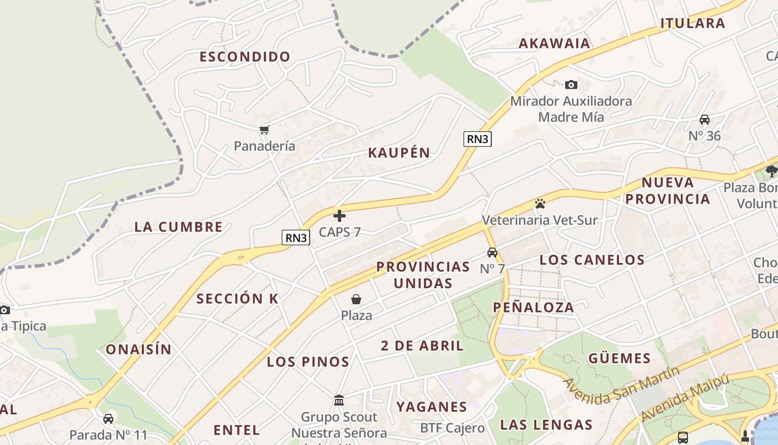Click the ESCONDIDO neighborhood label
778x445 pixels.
click(245, 57)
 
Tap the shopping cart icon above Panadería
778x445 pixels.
click(264, 130)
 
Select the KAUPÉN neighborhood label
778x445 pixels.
click(399, 153)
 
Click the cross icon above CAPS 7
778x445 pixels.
click(340, 216)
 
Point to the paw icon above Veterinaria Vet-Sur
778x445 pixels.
click(540, 204)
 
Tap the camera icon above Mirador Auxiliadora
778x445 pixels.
click(571, 85)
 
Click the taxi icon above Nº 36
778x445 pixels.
click(705, 120)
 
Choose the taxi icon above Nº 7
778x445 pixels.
click(492, 253)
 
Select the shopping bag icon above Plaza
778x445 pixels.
click(356, 300)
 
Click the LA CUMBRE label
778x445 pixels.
click(178, 227)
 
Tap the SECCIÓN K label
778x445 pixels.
click(237, 299)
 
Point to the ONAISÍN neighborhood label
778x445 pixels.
click(138, 349)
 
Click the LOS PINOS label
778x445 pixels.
click(308, 362)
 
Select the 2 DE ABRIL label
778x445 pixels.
click(422, 346)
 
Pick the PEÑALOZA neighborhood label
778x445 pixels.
click(533, 307)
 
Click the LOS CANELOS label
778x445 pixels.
click(592, 260)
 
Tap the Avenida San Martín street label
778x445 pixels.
click(621, 384)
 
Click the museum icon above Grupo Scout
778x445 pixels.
click(339, 400)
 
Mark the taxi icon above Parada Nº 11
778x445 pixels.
click(108, 419)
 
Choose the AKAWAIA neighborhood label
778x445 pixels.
click(554, 43)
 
